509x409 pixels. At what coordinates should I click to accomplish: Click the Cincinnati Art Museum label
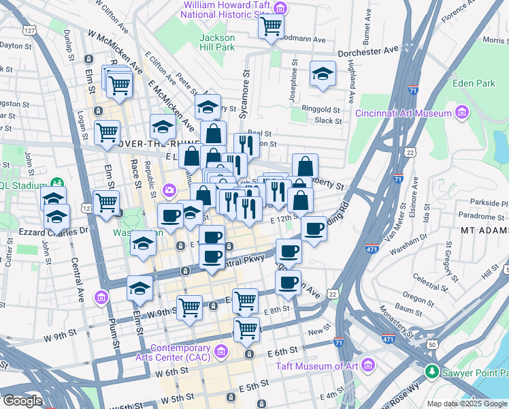(404, 112)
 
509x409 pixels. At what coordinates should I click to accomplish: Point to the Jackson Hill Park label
(217, 42)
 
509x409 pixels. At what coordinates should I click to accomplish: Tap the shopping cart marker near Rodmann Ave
(271, 27)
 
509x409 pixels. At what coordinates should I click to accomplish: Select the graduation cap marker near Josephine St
(322, 74)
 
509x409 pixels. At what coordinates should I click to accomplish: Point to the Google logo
(22, 401)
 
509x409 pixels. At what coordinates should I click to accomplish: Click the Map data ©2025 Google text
(467, 404)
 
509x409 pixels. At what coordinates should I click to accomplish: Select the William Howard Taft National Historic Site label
(227, 10)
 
